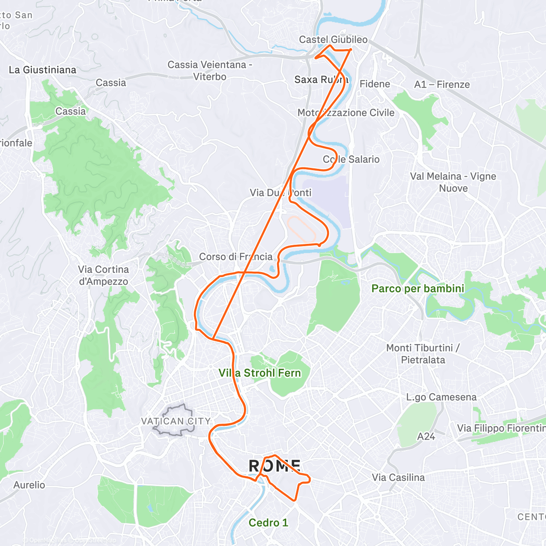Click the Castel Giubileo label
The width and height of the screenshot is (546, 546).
click(x=333, y=40)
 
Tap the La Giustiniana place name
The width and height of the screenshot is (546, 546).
click(x=43, y=70)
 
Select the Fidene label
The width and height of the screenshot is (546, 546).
click(x=375, y=84)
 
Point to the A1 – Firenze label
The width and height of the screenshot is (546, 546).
click(x=442, y=84)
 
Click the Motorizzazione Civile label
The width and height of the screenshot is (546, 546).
click(x=346, y=112)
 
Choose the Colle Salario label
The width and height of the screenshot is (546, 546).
click(x=351, y=159)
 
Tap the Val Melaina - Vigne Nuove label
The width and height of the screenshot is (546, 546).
click(x=453, y=182)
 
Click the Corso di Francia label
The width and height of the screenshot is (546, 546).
click(x=236, y=257)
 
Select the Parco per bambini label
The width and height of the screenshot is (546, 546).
click(x=418, y=288)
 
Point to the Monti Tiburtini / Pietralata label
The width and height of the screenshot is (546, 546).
click(x=423, y=354)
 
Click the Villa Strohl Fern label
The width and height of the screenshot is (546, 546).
click(x=260, y=373)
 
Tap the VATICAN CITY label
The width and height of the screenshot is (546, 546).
click(x=176, y=421)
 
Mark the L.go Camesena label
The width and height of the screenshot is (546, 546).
click(x=441, y=397)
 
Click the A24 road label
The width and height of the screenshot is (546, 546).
click(x=426, y=436)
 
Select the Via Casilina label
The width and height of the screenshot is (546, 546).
click(x=399, y=477)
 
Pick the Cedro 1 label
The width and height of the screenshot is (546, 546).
click(x=268, y=522)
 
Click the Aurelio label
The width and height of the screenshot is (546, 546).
click(x=29, y=485)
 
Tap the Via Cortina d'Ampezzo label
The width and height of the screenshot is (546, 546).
click(x=103, y=275)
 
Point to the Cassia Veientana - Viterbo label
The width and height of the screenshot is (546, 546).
click(x=210, y=71)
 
